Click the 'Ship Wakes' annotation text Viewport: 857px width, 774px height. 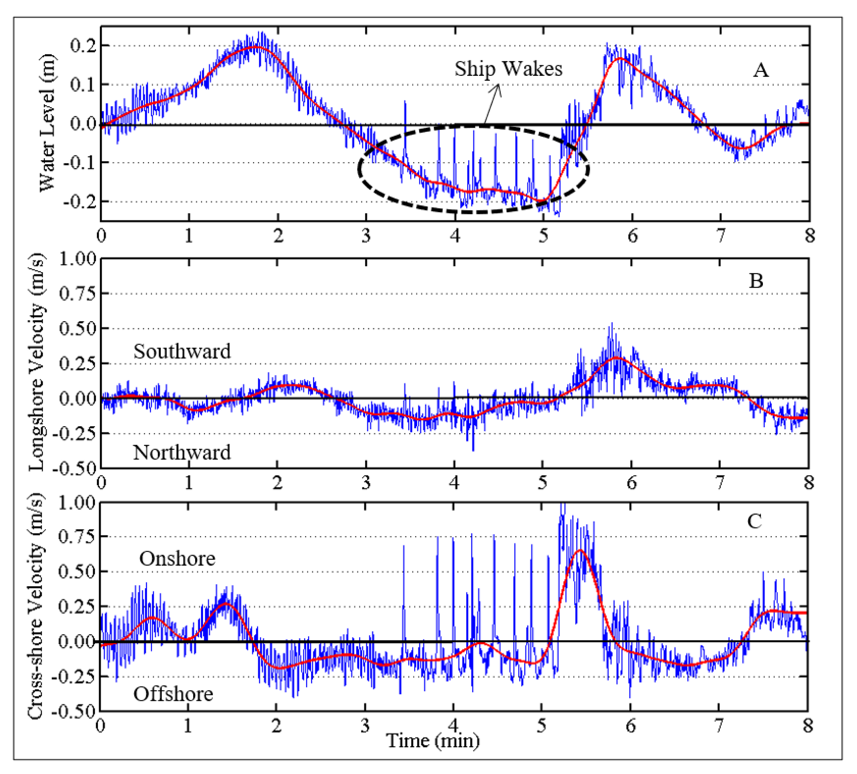509,69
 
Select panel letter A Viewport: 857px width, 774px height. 761,70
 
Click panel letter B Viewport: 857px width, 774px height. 756,281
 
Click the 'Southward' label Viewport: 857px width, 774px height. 182,351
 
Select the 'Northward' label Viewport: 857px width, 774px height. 182,453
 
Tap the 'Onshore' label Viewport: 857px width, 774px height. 177,559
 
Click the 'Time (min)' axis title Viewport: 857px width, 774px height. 433,741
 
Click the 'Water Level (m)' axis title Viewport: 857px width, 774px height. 47,123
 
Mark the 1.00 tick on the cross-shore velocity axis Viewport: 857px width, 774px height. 77,502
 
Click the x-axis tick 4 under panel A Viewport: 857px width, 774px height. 455,236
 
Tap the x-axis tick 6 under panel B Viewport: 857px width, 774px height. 632,482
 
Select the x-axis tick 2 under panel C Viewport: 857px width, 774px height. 277,725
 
